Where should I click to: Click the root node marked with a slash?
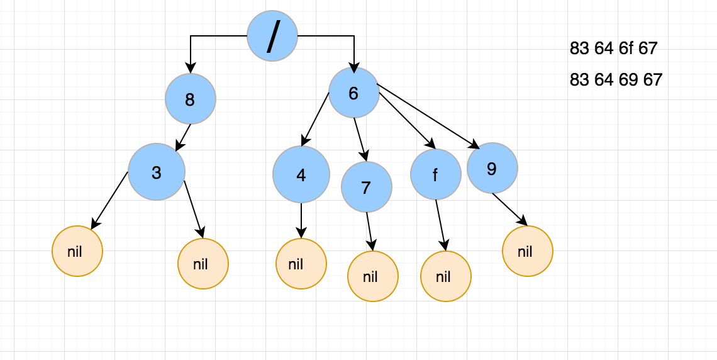(x=272, y=36)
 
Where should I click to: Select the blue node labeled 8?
(x=191, y=99)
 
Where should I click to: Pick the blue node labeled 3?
(x=157, y=172)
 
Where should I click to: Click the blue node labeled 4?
(x=301, y=174)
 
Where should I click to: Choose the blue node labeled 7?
(x=367, y=186)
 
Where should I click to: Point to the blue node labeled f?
(x=436, y=174)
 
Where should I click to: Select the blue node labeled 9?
(x=492, y=168)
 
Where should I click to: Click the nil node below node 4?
(x=301, y=264)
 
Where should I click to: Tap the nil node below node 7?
(x=373, y=276)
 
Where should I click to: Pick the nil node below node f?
(x=445, y=276)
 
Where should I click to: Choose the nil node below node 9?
(x=527, y=251)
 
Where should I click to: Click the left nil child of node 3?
(x=77, y=251)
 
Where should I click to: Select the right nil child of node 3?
(x=203, y=264)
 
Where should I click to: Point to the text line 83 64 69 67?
(x=616, y=80)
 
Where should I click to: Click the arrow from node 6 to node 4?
(x=316, y=120)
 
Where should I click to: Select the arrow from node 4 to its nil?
(x=302, y=220)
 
